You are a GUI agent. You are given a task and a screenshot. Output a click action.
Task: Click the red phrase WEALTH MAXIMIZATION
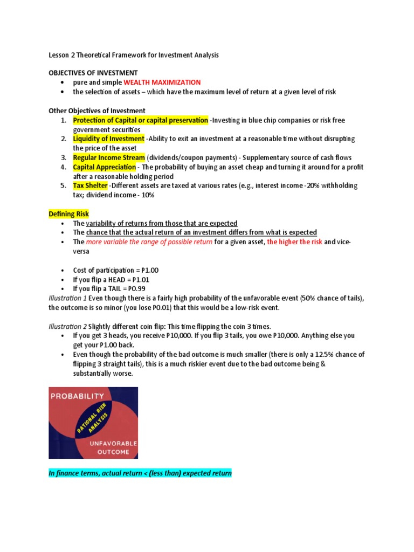click(162, 82)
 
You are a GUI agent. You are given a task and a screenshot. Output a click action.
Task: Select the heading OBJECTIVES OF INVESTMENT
click(93, 73)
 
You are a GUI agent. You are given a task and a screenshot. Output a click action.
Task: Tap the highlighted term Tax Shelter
click(90, 186)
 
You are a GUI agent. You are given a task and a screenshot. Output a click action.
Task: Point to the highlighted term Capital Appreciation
click(104, 167)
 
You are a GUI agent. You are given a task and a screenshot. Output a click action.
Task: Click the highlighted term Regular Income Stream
click(109, 157)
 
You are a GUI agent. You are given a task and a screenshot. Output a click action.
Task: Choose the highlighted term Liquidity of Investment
click(108, 139)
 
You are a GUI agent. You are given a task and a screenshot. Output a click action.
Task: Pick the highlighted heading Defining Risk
click(69, 214)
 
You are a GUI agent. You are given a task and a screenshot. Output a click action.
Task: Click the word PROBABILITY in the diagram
click(77, 396)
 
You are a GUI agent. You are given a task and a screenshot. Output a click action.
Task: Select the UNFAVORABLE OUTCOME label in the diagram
click(113, 447)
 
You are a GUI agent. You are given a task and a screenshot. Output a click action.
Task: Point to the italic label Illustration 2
click(68, 327)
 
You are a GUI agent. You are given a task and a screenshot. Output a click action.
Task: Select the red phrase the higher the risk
click(294, 242)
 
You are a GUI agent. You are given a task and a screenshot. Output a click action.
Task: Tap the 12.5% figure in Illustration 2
click(317, 355)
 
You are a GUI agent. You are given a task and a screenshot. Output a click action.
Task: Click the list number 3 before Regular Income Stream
click(63, 158)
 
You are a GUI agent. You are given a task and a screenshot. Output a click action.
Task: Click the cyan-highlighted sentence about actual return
click(140, 474)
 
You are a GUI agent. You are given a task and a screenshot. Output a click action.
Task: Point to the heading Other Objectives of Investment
click(97, 111)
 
